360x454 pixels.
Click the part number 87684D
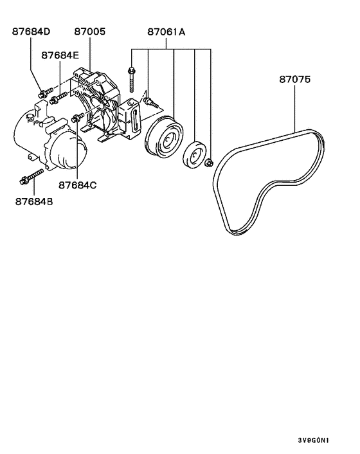(32, 31)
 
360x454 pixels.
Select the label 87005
(90, 31)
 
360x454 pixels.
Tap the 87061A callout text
(166, 31)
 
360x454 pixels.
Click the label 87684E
(62, 56)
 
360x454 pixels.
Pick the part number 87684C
(77, 185)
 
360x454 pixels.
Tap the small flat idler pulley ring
(194, 156)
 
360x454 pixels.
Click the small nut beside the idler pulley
(209, 163)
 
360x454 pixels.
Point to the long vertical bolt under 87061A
(132, 80)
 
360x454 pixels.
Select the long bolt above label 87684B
(32, 176)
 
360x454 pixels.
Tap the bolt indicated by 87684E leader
(57, 99)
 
